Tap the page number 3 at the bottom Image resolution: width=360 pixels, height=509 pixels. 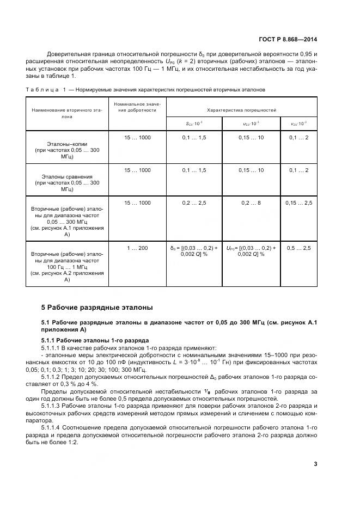pyautogui.click(x=315, y=464)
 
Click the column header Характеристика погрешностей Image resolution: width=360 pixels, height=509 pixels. pyautogui.click(x=241, y=110)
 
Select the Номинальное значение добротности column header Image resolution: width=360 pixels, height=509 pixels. pyautogui.click(x=137, y=107)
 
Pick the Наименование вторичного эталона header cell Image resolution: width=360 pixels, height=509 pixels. pyautogui.click(x=67, y=113)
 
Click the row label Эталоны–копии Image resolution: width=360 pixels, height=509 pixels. pyautogui.click(x=67, y=143)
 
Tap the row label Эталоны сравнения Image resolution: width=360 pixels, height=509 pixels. pyautogui.click(x=67, y=177)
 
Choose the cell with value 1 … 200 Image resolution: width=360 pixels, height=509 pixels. pyautogui.click(x=137, y=248)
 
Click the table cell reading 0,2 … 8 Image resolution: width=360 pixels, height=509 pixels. pyautogui.click(x=251, y=203)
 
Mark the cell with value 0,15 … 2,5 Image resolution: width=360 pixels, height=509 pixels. pyautogui.click(x=299, y=203)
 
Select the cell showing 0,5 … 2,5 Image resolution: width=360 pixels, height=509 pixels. pyautogui.click(x=299, y=248)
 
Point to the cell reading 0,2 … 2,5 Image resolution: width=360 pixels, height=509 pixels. pyautogui.click(x=194, y=203)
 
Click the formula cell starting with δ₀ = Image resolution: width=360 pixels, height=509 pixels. pyautogui.click(x=194, y=251)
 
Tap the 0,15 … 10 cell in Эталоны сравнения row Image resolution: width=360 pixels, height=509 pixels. pyautogui.click(x=251, y=170)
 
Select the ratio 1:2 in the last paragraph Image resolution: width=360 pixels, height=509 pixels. pyautogui.click(x=69, y=441)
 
